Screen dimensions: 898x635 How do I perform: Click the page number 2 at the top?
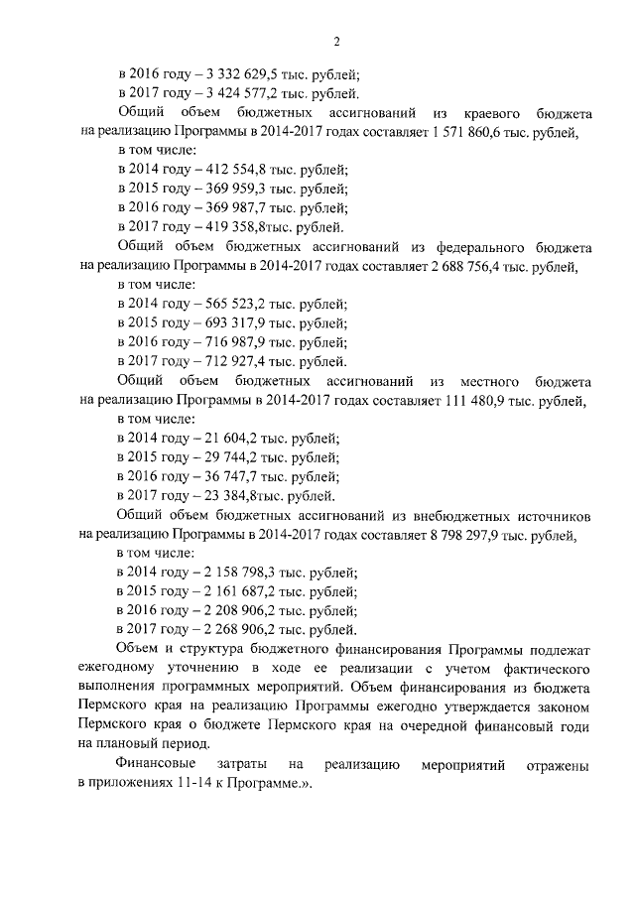(x=336, y=40)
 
